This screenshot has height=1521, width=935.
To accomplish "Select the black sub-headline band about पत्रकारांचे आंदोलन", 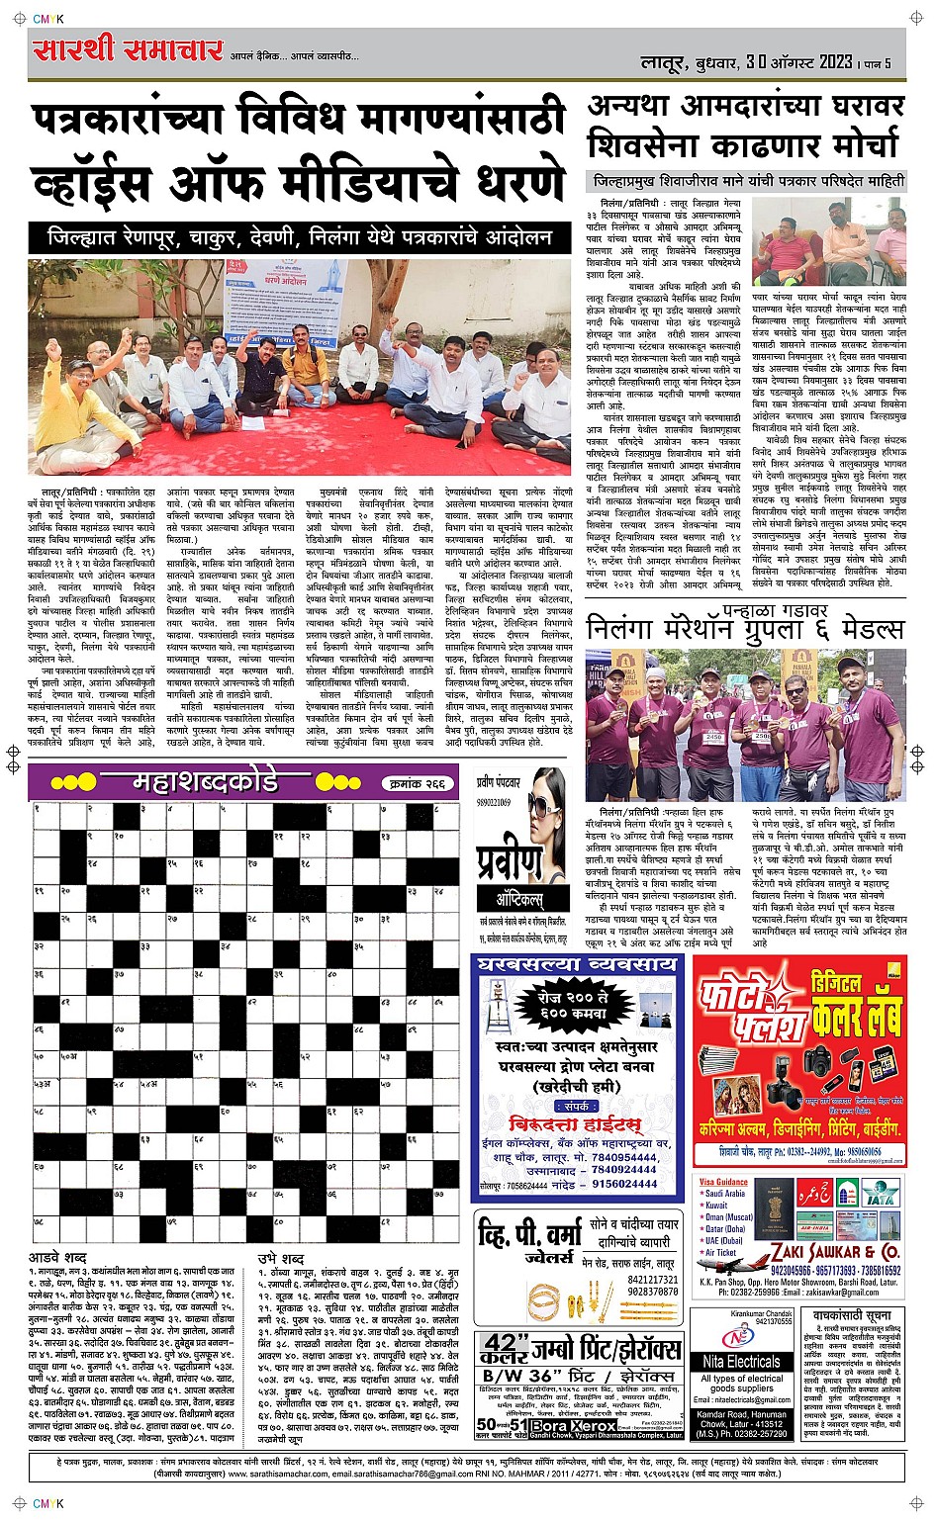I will point(300,238).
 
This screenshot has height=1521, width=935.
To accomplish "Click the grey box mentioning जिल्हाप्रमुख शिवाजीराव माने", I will point(748,181).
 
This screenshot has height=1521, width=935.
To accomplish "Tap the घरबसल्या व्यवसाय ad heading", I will point(577,964).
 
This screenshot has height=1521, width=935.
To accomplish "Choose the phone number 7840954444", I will point(624,1156).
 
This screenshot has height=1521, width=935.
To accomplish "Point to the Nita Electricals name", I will point(742,1362).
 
